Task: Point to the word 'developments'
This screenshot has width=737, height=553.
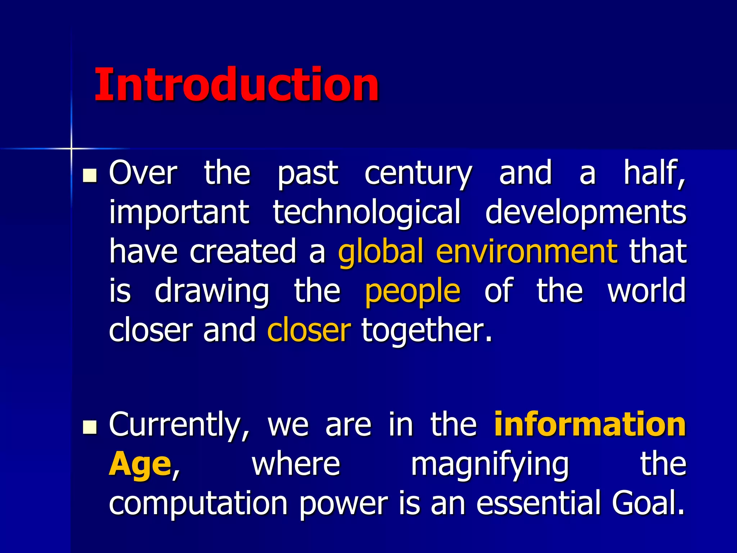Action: (x=585, y=213)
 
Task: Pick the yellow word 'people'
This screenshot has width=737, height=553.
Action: (x=412, y=292)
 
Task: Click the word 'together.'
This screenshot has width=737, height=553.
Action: (x=427, y=330)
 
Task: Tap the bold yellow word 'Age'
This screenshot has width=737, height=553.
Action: (x=140, y=465)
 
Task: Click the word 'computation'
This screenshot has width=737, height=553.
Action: (x=198, y=504)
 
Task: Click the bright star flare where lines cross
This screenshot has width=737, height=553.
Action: (x=71, y=148)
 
